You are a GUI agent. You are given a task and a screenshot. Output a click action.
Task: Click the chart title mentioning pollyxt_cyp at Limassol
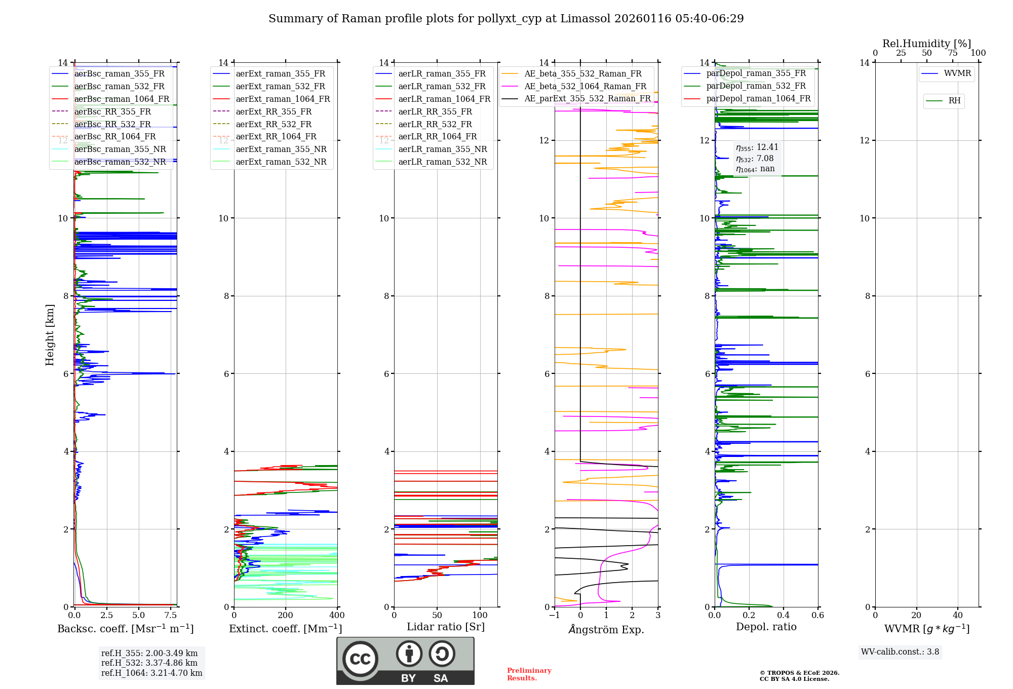pyautogui.click(x=506, y=19)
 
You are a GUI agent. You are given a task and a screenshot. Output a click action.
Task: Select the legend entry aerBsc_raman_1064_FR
pyautogui.click(x=122, y=99)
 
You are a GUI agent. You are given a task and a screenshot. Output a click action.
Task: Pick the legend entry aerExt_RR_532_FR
pyautogui.click(x=274, y=124)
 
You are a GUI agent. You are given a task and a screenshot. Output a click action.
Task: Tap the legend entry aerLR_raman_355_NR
pyautogui.click(x=442, y=149)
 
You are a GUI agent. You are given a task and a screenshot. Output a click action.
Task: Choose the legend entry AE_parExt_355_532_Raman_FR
pyautogui.click(x=587, y=98)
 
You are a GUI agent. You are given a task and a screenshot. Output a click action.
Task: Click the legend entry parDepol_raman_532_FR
pyautogui.click(x=756, y=86)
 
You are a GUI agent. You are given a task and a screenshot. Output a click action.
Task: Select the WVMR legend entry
pyautogui.click(x=957, y=73)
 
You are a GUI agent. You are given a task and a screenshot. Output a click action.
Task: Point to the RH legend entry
pyautogui.click(x=954, y=101)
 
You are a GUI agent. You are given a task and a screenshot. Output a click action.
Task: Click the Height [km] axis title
pyautogui.click(x=50, y=335)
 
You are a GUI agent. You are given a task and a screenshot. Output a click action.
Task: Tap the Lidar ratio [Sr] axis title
pyautogui.click(x=446, y=627)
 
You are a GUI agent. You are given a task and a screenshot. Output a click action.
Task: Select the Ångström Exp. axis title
pyautogui.click(x=606, y=629)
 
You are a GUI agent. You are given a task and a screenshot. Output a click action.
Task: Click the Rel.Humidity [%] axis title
pyautogui.click(x=927, y=44)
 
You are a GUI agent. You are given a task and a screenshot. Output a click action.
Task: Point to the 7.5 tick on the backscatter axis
pyautogui.click(x=171, y=616)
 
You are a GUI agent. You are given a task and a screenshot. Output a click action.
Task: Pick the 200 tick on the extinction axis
pyautogui.click(x=286, y=616)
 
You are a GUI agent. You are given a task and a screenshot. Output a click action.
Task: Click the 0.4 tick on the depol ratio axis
pyautogui.click(x=784, y=616)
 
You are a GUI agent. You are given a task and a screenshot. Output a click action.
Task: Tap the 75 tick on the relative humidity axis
pyautogui.click(x=952, y=53)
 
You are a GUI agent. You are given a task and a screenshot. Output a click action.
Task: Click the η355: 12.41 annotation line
pyautogui.click(x=757, y=147)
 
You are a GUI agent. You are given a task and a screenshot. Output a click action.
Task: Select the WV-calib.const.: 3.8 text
pyautogui.click(x=900, y=652)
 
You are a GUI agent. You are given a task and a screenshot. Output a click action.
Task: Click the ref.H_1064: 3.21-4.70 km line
pyautogui.click(x=151, y=673)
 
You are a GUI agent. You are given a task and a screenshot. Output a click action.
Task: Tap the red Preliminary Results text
pyautogui.click(x=529, y=674)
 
